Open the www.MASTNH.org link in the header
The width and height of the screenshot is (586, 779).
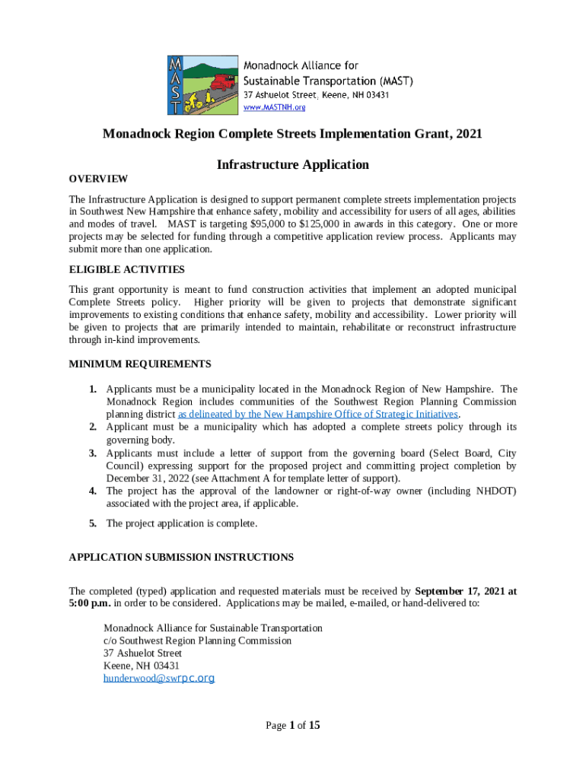(274, 108)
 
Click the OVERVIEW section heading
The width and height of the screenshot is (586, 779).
(98, 179)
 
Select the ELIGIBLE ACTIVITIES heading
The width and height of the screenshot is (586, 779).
(126, 269)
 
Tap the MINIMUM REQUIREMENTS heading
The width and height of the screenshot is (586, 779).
(140, 364)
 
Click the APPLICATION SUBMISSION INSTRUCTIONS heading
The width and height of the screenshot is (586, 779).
(181, 557)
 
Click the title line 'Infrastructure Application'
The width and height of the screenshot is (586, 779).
(292, 164)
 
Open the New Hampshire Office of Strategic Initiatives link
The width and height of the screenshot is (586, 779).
(318, 414)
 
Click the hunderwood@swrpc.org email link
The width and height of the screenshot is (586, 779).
(159, 678)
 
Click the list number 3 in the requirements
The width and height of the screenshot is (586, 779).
(92, 453)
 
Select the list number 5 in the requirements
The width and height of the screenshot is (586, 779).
(92, 523)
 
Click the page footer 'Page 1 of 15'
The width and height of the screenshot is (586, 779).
(292, 725)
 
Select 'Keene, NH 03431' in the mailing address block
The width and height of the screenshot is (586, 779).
(142, 666)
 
